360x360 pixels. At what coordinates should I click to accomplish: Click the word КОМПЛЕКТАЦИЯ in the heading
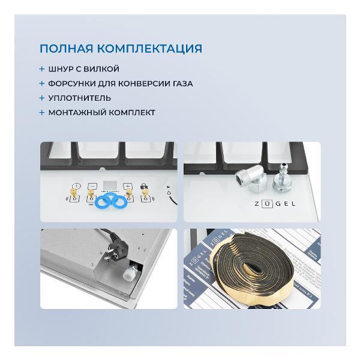coord(148,49)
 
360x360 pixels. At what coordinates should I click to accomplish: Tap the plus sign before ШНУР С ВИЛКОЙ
coord(42,69)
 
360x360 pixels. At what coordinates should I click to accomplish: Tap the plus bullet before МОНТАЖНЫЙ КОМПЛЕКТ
coord(42,112)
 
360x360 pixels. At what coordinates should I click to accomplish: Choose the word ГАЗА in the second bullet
coord(181,83)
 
